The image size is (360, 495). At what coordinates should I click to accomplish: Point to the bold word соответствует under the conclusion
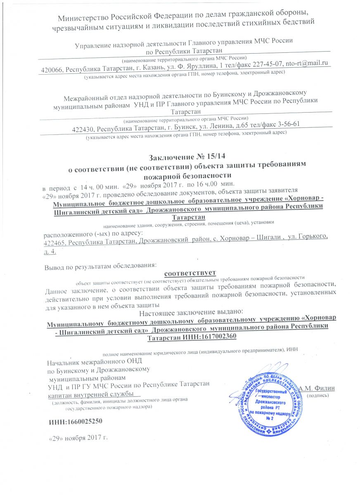coord(190,273)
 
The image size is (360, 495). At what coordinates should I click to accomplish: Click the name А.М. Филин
coord(317,388)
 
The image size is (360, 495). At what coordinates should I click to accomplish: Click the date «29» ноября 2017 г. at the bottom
coord(79,437)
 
